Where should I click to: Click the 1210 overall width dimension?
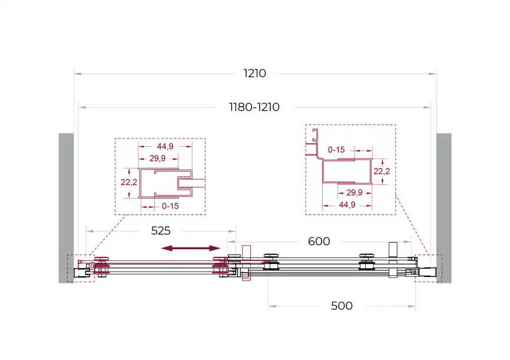[x=254, y=74]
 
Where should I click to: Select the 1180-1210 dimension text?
[x=254, y=107]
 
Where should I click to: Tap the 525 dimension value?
[x=161, y=231]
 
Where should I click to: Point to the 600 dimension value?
[x=319, y=241]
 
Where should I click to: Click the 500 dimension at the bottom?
[x=342, y=306]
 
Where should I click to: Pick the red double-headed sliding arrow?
[x=191, y=249]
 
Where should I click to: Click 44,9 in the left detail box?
[x=165, y=147]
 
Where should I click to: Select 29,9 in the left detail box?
[x=157, y=158]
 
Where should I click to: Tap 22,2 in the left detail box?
[x=129, y=182]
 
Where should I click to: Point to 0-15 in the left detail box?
[x=170, y=206]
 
